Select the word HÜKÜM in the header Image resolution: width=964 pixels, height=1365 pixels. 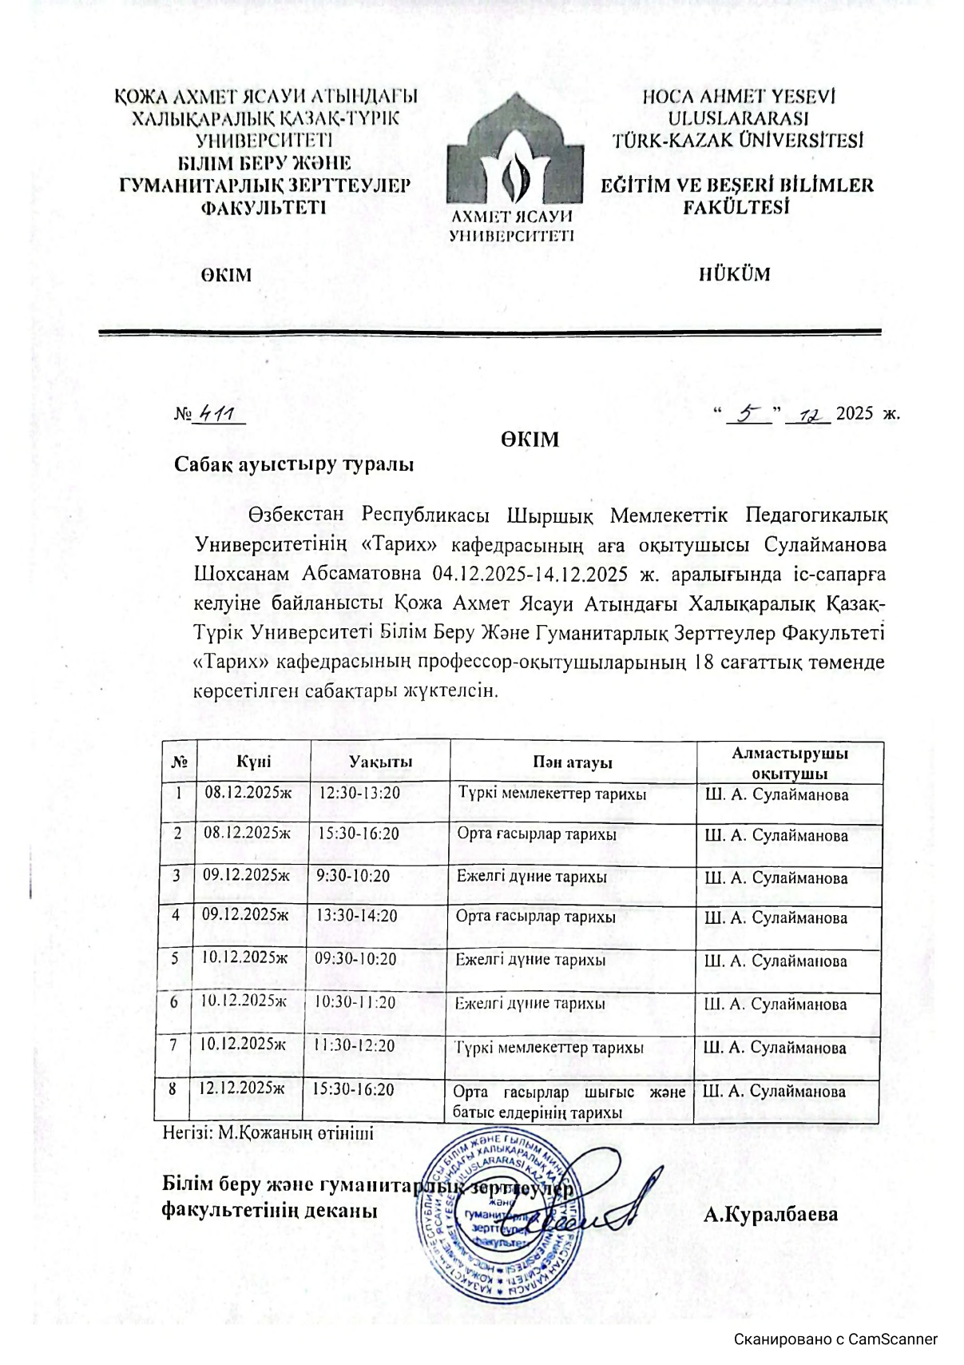735,274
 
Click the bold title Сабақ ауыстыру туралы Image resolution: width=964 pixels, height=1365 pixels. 294,464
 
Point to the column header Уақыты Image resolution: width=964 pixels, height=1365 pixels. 380,762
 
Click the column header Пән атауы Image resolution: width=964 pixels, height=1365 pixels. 573,762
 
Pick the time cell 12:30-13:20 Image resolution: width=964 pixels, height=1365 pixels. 359,794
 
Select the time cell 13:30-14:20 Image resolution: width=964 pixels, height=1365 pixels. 356,916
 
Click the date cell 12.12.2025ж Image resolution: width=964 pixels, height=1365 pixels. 242,1088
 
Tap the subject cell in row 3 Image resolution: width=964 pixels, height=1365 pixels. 531,877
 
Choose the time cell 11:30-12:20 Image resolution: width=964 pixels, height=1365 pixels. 354,1045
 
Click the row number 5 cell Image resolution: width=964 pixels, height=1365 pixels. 175,957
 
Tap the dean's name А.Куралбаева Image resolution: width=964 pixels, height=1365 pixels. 771,1216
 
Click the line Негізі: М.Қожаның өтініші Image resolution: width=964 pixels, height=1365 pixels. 268,1132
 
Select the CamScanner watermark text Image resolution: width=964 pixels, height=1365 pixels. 835,1339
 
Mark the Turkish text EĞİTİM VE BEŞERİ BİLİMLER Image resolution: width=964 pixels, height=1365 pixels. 737,185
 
